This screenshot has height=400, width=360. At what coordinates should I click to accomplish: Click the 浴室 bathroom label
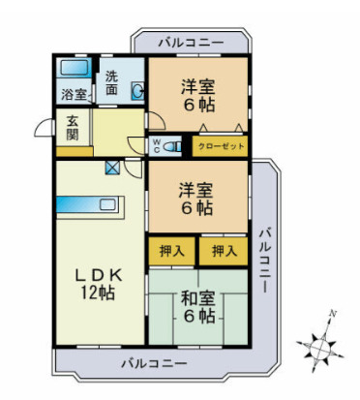[74, 94]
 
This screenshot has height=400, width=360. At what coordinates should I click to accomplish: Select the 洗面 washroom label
[113, 82]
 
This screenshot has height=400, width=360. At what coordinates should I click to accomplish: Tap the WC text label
[156, 146]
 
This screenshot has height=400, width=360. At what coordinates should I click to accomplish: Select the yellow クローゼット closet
[219, 146]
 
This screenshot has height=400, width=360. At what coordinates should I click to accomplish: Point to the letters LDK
[97, 273]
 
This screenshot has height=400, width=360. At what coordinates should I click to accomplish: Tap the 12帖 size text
[97, 292]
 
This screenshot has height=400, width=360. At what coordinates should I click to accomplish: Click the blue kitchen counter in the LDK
[85, 204]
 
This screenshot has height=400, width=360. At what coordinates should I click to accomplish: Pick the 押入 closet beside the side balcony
[224, 250]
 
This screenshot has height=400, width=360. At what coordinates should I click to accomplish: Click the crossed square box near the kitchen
[112, 168]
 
